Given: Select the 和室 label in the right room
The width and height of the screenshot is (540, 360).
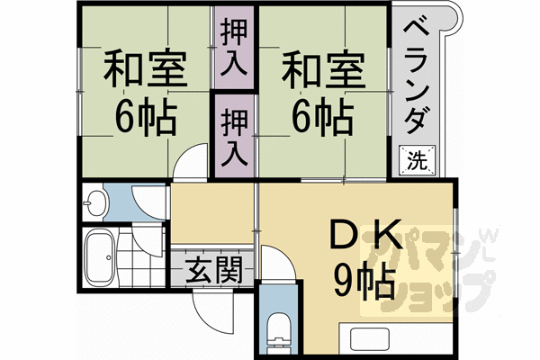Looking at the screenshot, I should point(321,68).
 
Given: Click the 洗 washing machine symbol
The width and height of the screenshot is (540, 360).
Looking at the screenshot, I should point(417,161).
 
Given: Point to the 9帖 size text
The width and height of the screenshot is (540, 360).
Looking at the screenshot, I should point(364,283).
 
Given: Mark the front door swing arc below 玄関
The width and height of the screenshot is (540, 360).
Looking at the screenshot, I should point(207,310).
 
